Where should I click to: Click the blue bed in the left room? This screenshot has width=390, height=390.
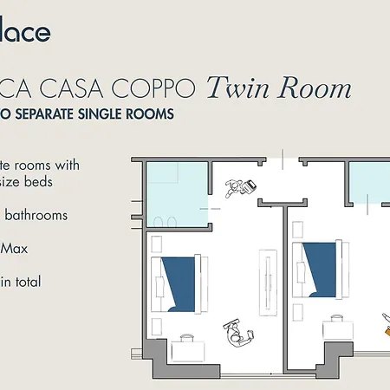(178, 283)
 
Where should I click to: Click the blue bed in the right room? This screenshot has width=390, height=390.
(318, 270)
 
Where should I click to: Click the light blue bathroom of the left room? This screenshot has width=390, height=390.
(178, 194)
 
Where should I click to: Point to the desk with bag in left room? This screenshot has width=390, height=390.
(186, 348)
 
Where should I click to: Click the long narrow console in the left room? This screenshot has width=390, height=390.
(267, 276)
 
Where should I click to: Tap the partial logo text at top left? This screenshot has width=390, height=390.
(25, 33)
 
